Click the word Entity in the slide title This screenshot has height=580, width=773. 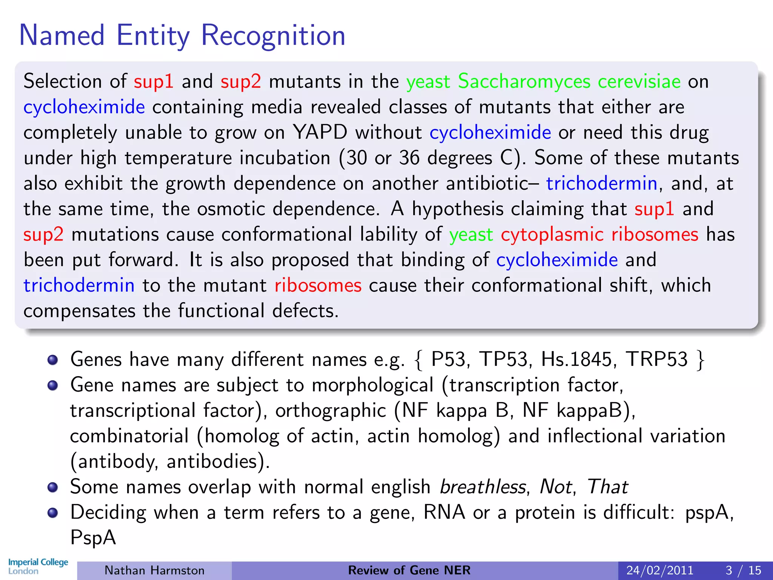pos(153,36)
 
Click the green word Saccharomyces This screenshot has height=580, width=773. pos(524,82)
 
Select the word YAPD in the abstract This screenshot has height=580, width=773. pos(320,133)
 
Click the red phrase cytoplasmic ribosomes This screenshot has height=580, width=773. pos(599,234)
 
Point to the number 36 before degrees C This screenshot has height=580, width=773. pos(409,158)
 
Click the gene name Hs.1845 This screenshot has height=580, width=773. pos(576,359)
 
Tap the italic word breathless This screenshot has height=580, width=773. pos(483,487)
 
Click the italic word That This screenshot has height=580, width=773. pos(607,487)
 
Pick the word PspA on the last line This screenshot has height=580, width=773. pos(93,537)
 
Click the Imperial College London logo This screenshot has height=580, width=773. pos(38,566)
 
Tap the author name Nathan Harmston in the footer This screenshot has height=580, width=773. pos(154,570)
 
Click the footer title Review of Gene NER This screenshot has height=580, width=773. pos(409,570)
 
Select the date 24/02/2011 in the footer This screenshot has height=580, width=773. pos(660,570)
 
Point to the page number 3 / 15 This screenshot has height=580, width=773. pos(743,570)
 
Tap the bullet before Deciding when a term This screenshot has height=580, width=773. pos(53,513)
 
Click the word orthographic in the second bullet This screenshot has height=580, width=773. pos(331,410)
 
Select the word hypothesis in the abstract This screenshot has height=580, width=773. pos(457,209)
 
